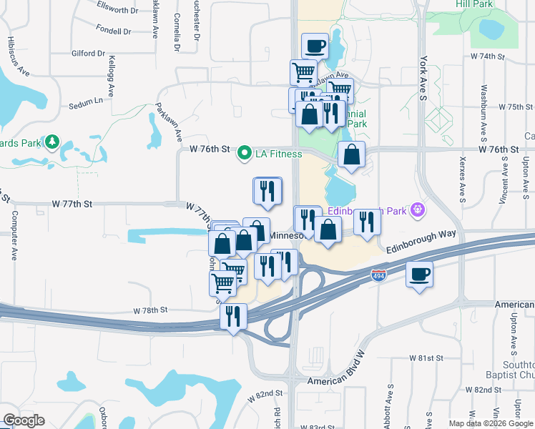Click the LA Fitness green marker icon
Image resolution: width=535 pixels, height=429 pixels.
(244, 152)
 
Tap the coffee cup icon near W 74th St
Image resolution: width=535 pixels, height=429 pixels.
(315, 47)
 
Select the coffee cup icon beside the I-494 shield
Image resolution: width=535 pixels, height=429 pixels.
(419, 274)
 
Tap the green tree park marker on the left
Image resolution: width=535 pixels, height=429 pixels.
(51, 142)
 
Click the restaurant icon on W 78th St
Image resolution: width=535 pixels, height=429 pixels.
(233, 317)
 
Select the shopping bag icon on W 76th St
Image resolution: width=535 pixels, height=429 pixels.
(352, 154)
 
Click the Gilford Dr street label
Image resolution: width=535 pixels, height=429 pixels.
(89, 54)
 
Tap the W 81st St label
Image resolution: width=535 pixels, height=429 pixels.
(426, 357)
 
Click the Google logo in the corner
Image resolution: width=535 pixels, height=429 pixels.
(24, 420)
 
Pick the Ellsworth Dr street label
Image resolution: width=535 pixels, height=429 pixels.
(116, 10)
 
